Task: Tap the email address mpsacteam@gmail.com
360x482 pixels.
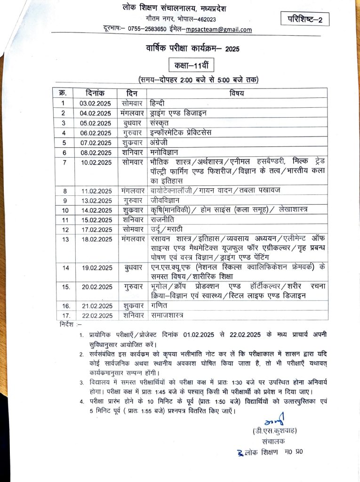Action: pos(219,30)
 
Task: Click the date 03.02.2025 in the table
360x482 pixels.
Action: pos(95,103)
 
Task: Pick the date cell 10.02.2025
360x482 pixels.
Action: pos(95,162)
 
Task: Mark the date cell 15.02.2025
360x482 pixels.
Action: pos(95,220)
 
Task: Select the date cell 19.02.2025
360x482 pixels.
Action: pos(95,268)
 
